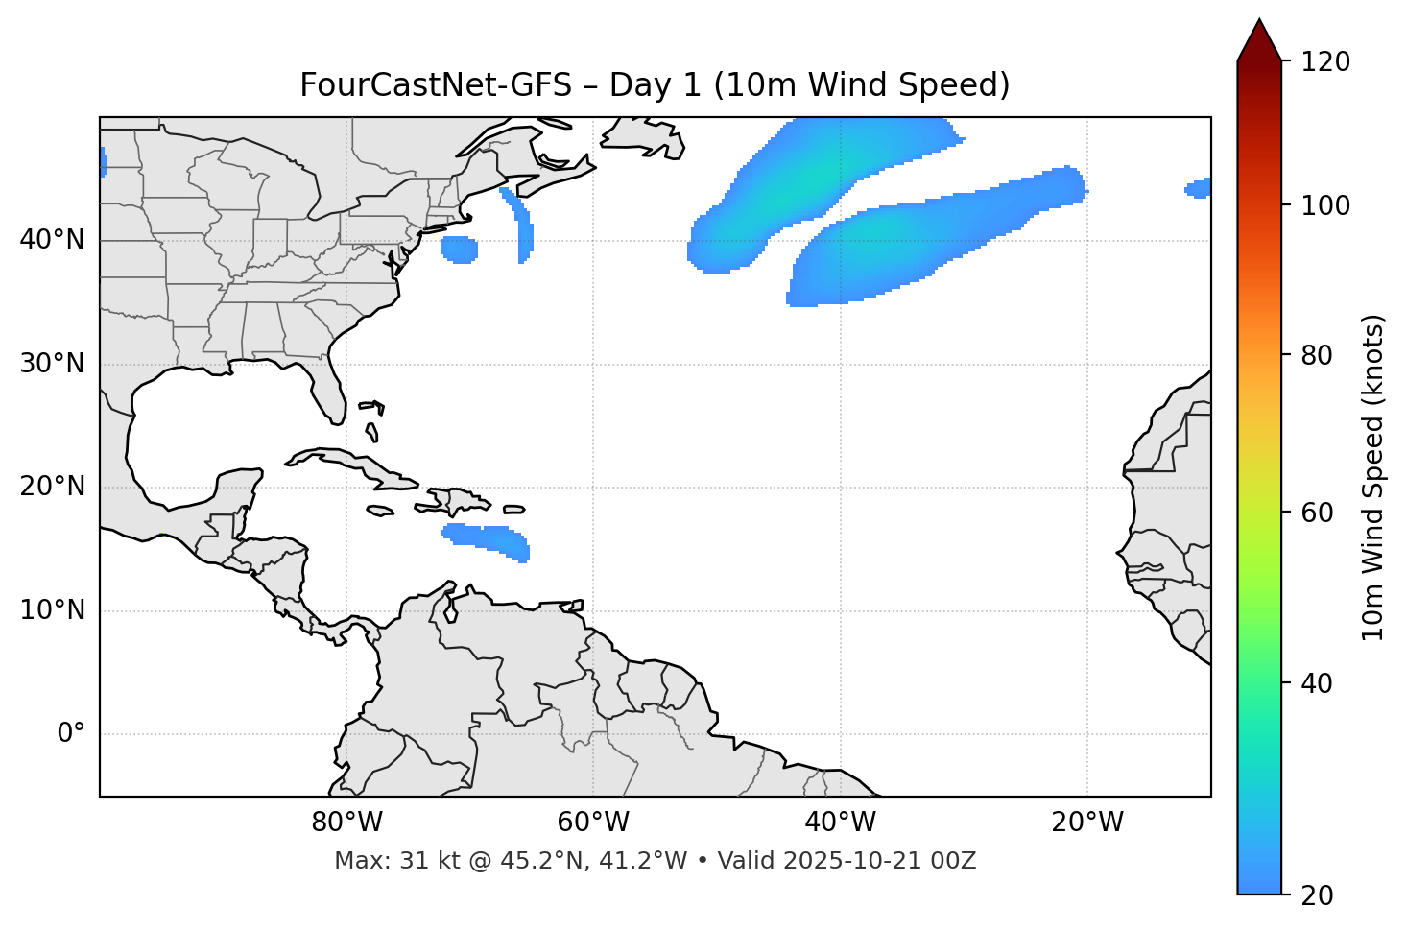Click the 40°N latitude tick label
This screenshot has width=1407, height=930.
[52, 240]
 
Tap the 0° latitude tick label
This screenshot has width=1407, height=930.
[70, 734]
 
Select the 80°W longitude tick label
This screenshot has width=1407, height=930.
[346, 823]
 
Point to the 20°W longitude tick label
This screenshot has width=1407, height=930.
[1087, 823]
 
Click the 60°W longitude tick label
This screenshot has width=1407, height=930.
[593, 823]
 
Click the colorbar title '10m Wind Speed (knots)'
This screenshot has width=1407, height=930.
[1373, 478]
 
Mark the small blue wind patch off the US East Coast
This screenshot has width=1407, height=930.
[459, 250]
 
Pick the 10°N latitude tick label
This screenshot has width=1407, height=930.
[52, 610]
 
